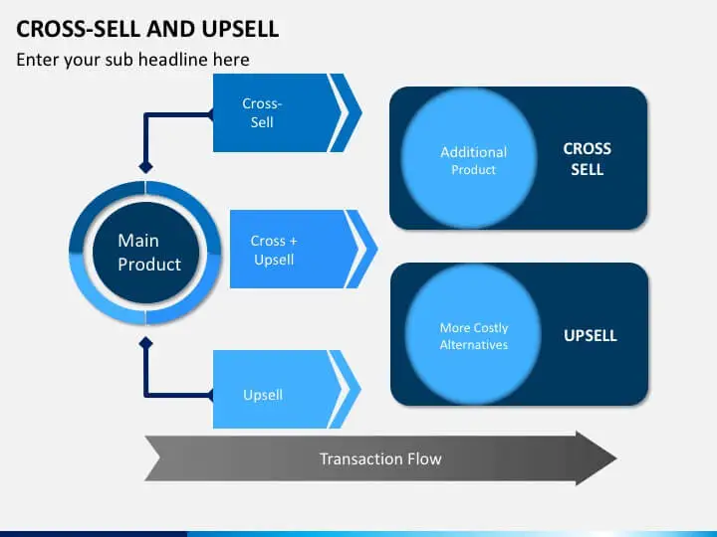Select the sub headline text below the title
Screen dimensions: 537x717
132,60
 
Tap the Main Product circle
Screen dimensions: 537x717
145,254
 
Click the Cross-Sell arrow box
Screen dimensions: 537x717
270,112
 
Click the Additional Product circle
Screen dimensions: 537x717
474,159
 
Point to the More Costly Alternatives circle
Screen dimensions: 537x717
474,335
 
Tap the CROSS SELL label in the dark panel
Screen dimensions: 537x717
588,159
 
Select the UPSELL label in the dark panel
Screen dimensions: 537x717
591,335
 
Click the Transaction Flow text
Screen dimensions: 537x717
379,458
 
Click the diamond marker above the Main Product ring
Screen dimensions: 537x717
145,166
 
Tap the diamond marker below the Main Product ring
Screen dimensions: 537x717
145,343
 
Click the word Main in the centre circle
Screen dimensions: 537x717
138,241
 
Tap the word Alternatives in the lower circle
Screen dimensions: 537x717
474,345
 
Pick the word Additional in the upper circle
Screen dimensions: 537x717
474,152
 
